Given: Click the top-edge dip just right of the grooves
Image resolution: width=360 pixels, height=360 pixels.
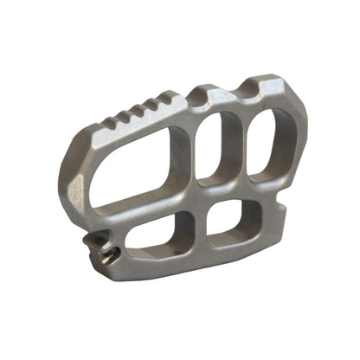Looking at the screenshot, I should click(x=188, y=98).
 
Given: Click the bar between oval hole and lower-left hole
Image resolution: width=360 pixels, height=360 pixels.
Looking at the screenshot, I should click(x=156, y=205).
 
